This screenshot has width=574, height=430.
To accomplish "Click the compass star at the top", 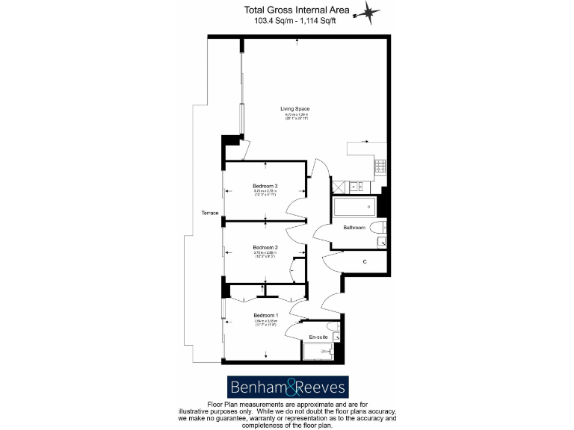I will tap(369, 13).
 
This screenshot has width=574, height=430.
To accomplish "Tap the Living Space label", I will tap(294, 110).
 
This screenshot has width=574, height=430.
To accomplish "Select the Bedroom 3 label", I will tap(265, 186).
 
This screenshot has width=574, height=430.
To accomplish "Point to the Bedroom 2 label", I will tap(265, 247).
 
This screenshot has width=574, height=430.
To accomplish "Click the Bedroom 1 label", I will tap(265, 315).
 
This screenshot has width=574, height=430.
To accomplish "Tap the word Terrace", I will tap(210, 214).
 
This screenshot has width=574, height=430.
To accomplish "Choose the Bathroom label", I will tap(354, 227).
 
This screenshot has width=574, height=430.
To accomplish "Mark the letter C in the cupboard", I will tap(364, 261).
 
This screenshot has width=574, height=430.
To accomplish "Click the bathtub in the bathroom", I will tap(353, 207).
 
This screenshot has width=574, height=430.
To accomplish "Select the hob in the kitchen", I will tap(379, 166).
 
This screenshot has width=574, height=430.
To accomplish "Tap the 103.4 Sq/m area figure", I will tap(274, 21).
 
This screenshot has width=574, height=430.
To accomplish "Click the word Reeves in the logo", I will tap(320, 387).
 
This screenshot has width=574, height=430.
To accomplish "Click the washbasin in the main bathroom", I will tap(381, 241).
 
